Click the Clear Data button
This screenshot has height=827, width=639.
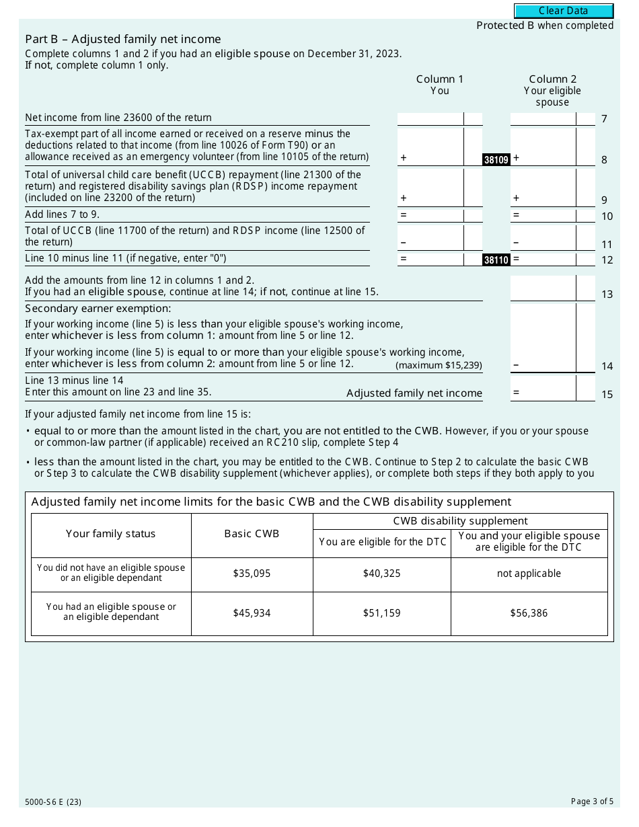coord(564,11)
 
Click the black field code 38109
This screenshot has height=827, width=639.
coord(496,160)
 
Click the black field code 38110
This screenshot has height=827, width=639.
coord(496,260)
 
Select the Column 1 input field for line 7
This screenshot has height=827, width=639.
coord(430,118)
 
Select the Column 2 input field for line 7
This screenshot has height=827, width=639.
coord(543,118)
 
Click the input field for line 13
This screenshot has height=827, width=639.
coord(543,288)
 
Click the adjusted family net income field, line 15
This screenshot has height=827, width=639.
coord(543,388)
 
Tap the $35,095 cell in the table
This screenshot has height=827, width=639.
coord(252,574)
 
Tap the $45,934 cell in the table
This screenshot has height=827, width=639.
coord(252,613)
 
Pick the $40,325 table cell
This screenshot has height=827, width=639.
coord(381,574)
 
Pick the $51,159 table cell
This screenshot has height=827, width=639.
coord(381,613)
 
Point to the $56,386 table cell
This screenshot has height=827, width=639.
coord(529,613)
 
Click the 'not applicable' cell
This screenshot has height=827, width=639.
coord(529,574)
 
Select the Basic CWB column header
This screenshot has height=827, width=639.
coord(252,534)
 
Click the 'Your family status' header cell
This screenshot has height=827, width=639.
coord(111,534)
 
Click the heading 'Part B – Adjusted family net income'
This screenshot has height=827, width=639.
coord(123,39)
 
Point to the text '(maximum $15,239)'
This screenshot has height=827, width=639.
coord(439,366)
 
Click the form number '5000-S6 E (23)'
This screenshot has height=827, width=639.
coord(53,801)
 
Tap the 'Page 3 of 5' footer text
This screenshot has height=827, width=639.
coord(592,801)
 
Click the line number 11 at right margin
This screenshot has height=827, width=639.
coord(607,245)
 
